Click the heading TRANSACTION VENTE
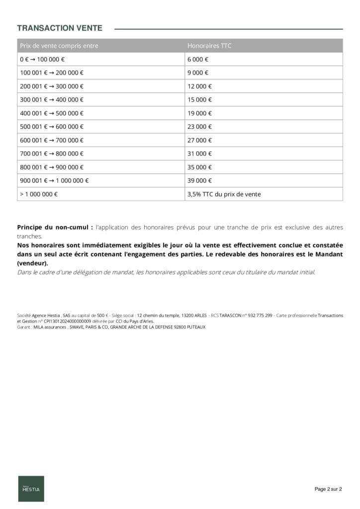point(60,28)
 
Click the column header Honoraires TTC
point(209,46)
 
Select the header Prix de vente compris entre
point(59,46)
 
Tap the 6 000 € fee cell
point(198,59)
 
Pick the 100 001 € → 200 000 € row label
point(52,73)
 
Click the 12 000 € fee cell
point(199,86)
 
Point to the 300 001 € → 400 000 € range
point(52,99)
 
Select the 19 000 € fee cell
point(199,113)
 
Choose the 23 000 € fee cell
point(199,126)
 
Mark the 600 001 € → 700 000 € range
point(52,140)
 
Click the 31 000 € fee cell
point(199,153)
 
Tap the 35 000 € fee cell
point(199,167)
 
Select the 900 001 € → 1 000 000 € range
point(55,180)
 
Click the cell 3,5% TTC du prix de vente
point(224,194)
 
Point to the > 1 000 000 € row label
point(39,194)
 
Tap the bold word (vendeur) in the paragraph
point(32,263)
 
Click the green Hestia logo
point(31,489)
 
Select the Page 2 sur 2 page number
point(328,489)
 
